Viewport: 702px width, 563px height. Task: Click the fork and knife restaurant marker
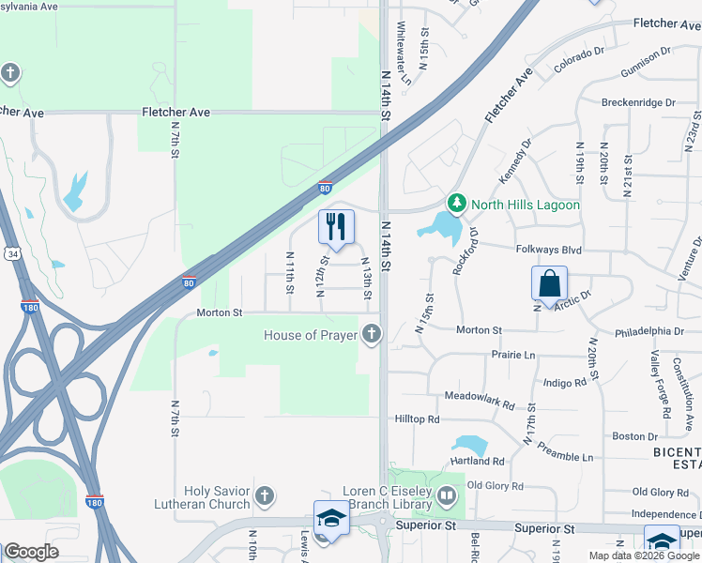(x=336, y=226)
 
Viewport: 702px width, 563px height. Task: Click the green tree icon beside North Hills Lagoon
(x=457, y=203)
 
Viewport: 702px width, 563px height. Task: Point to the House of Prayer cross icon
(x=372, y=333)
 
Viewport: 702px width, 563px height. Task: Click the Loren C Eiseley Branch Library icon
(x=447, y=495)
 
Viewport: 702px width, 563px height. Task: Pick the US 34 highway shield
(x=10, y=253)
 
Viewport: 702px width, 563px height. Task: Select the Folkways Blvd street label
(x=549, y=251)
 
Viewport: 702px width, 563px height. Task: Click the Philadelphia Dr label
(x=649, y=331)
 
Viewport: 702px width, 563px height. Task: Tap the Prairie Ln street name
(x=513, y=356)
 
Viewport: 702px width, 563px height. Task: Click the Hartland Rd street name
(x=478, y=462)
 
